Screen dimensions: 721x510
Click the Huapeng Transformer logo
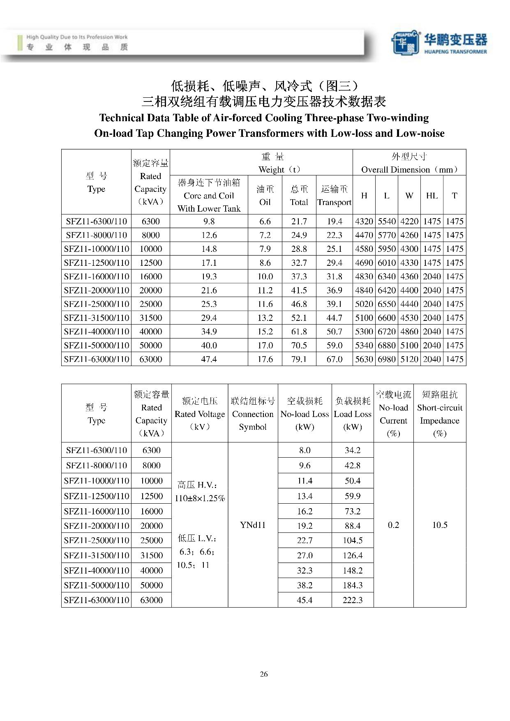(439, 42)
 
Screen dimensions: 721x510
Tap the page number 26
(264, 674)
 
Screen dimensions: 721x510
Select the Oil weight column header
(265, 196)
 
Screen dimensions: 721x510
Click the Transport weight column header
(334, 196)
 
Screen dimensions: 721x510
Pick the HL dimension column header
(432, 196)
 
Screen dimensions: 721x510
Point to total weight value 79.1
(299, 359)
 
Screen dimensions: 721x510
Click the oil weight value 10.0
(265, 276)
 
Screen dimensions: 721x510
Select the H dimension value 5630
(364, 359)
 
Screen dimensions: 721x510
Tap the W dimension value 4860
(409, 332)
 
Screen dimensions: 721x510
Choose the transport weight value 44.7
(334, 318)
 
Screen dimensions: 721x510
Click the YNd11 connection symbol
(253, 525)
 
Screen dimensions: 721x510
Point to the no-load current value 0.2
(393, 525)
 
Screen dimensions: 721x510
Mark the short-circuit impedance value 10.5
(440, 525)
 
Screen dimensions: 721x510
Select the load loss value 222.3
(353, 600)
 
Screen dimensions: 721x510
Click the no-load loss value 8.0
(305, 450)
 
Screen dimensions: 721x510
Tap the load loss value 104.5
(353, 540)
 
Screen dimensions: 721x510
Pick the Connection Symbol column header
(253, 414)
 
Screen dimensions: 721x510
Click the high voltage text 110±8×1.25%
(200, 498)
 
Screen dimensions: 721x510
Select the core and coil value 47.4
(209, 359)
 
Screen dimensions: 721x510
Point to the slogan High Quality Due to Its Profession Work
(77, 37)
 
